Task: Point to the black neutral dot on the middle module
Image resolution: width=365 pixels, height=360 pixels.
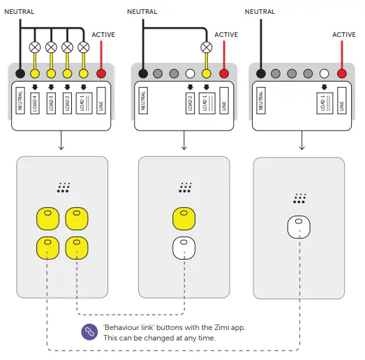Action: tap(143, 74)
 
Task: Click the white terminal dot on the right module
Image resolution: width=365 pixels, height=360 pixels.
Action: tap(325, 74)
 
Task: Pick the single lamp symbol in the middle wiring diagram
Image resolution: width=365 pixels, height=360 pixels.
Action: tap(207, 48)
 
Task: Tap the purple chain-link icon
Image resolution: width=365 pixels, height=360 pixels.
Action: tap(89, 332)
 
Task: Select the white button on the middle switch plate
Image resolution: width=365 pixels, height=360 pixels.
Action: tap(183, 246)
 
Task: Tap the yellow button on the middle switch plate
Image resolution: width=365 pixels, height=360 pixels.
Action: tap(183, 217)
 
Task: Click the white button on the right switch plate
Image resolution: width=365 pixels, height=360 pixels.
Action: tap(298, 227)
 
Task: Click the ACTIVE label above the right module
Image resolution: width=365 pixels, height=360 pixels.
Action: tap(344, 34)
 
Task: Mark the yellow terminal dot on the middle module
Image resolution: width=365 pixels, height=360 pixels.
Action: tap(207, 74)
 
